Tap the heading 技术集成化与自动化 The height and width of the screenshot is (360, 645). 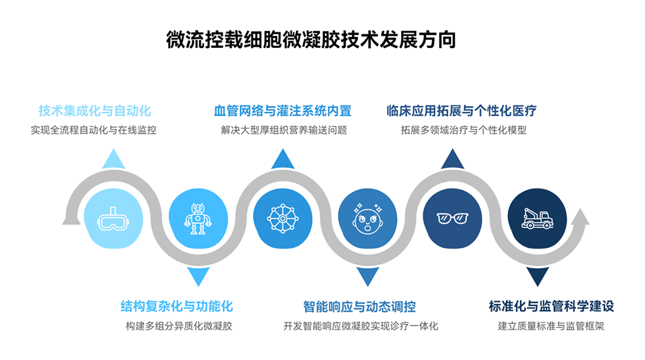(x=94, y=111)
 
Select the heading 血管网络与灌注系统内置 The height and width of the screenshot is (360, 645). (x=282, y=111)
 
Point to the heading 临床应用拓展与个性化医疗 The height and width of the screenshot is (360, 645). (x=462, y=111)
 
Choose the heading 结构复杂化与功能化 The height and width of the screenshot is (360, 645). (x=177, y=306)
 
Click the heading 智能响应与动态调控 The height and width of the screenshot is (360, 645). (x=359, y=306)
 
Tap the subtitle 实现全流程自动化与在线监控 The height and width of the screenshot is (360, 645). (x=94, y=130)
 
